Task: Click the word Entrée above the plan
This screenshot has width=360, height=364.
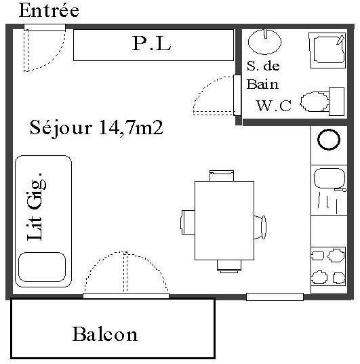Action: (x=49, y=10)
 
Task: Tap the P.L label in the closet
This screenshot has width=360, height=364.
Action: (x=152, y=43)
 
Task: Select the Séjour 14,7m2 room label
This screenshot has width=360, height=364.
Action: (x=96, y=128)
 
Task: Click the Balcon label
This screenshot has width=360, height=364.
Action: (x=105, y=334)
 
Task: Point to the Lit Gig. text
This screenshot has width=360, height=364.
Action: (x=37, y=207)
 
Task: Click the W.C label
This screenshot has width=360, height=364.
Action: (x=274, y=106)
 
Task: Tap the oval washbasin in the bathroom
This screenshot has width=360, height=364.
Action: (x=265, y=41)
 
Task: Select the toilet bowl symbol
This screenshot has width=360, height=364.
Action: (x=315, y=102)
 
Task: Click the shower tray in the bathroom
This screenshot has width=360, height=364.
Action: (x=327, y=51)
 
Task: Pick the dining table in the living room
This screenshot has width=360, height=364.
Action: (x=224, y=220)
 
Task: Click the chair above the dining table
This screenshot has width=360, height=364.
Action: (x=222, y=176)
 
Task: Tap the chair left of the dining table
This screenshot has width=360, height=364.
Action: (x=188, y=222)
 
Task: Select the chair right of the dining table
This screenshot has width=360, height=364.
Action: (x=260, y=227)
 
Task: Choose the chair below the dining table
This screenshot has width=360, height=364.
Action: (x=229, y=266)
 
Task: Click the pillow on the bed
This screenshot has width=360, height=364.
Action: (x=42, y=267)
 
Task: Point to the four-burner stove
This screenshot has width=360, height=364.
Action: (x=328, y=266)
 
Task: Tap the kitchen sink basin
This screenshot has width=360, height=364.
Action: (x=329, y=178)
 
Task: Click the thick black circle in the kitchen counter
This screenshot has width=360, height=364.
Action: (x=329, y=140)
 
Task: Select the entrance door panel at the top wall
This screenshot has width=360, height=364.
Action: (x=45, y=27)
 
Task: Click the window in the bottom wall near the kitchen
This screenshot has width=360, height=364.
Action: (x=275, y=297)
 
